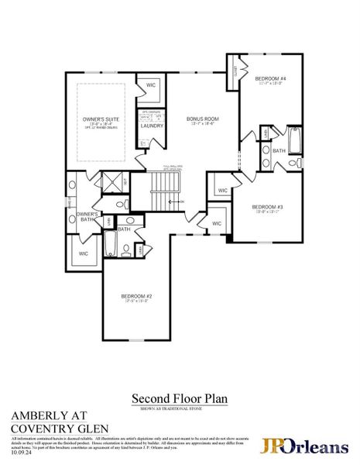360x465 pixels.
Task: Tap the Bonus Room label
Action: point(203,119)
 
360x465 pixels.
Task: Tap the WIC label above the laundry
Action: point(150,85)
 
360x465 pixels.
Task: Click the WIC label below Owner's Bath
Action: point(84,253)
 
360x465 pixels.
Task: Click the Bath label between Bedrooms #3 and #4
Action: point(279,151)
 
